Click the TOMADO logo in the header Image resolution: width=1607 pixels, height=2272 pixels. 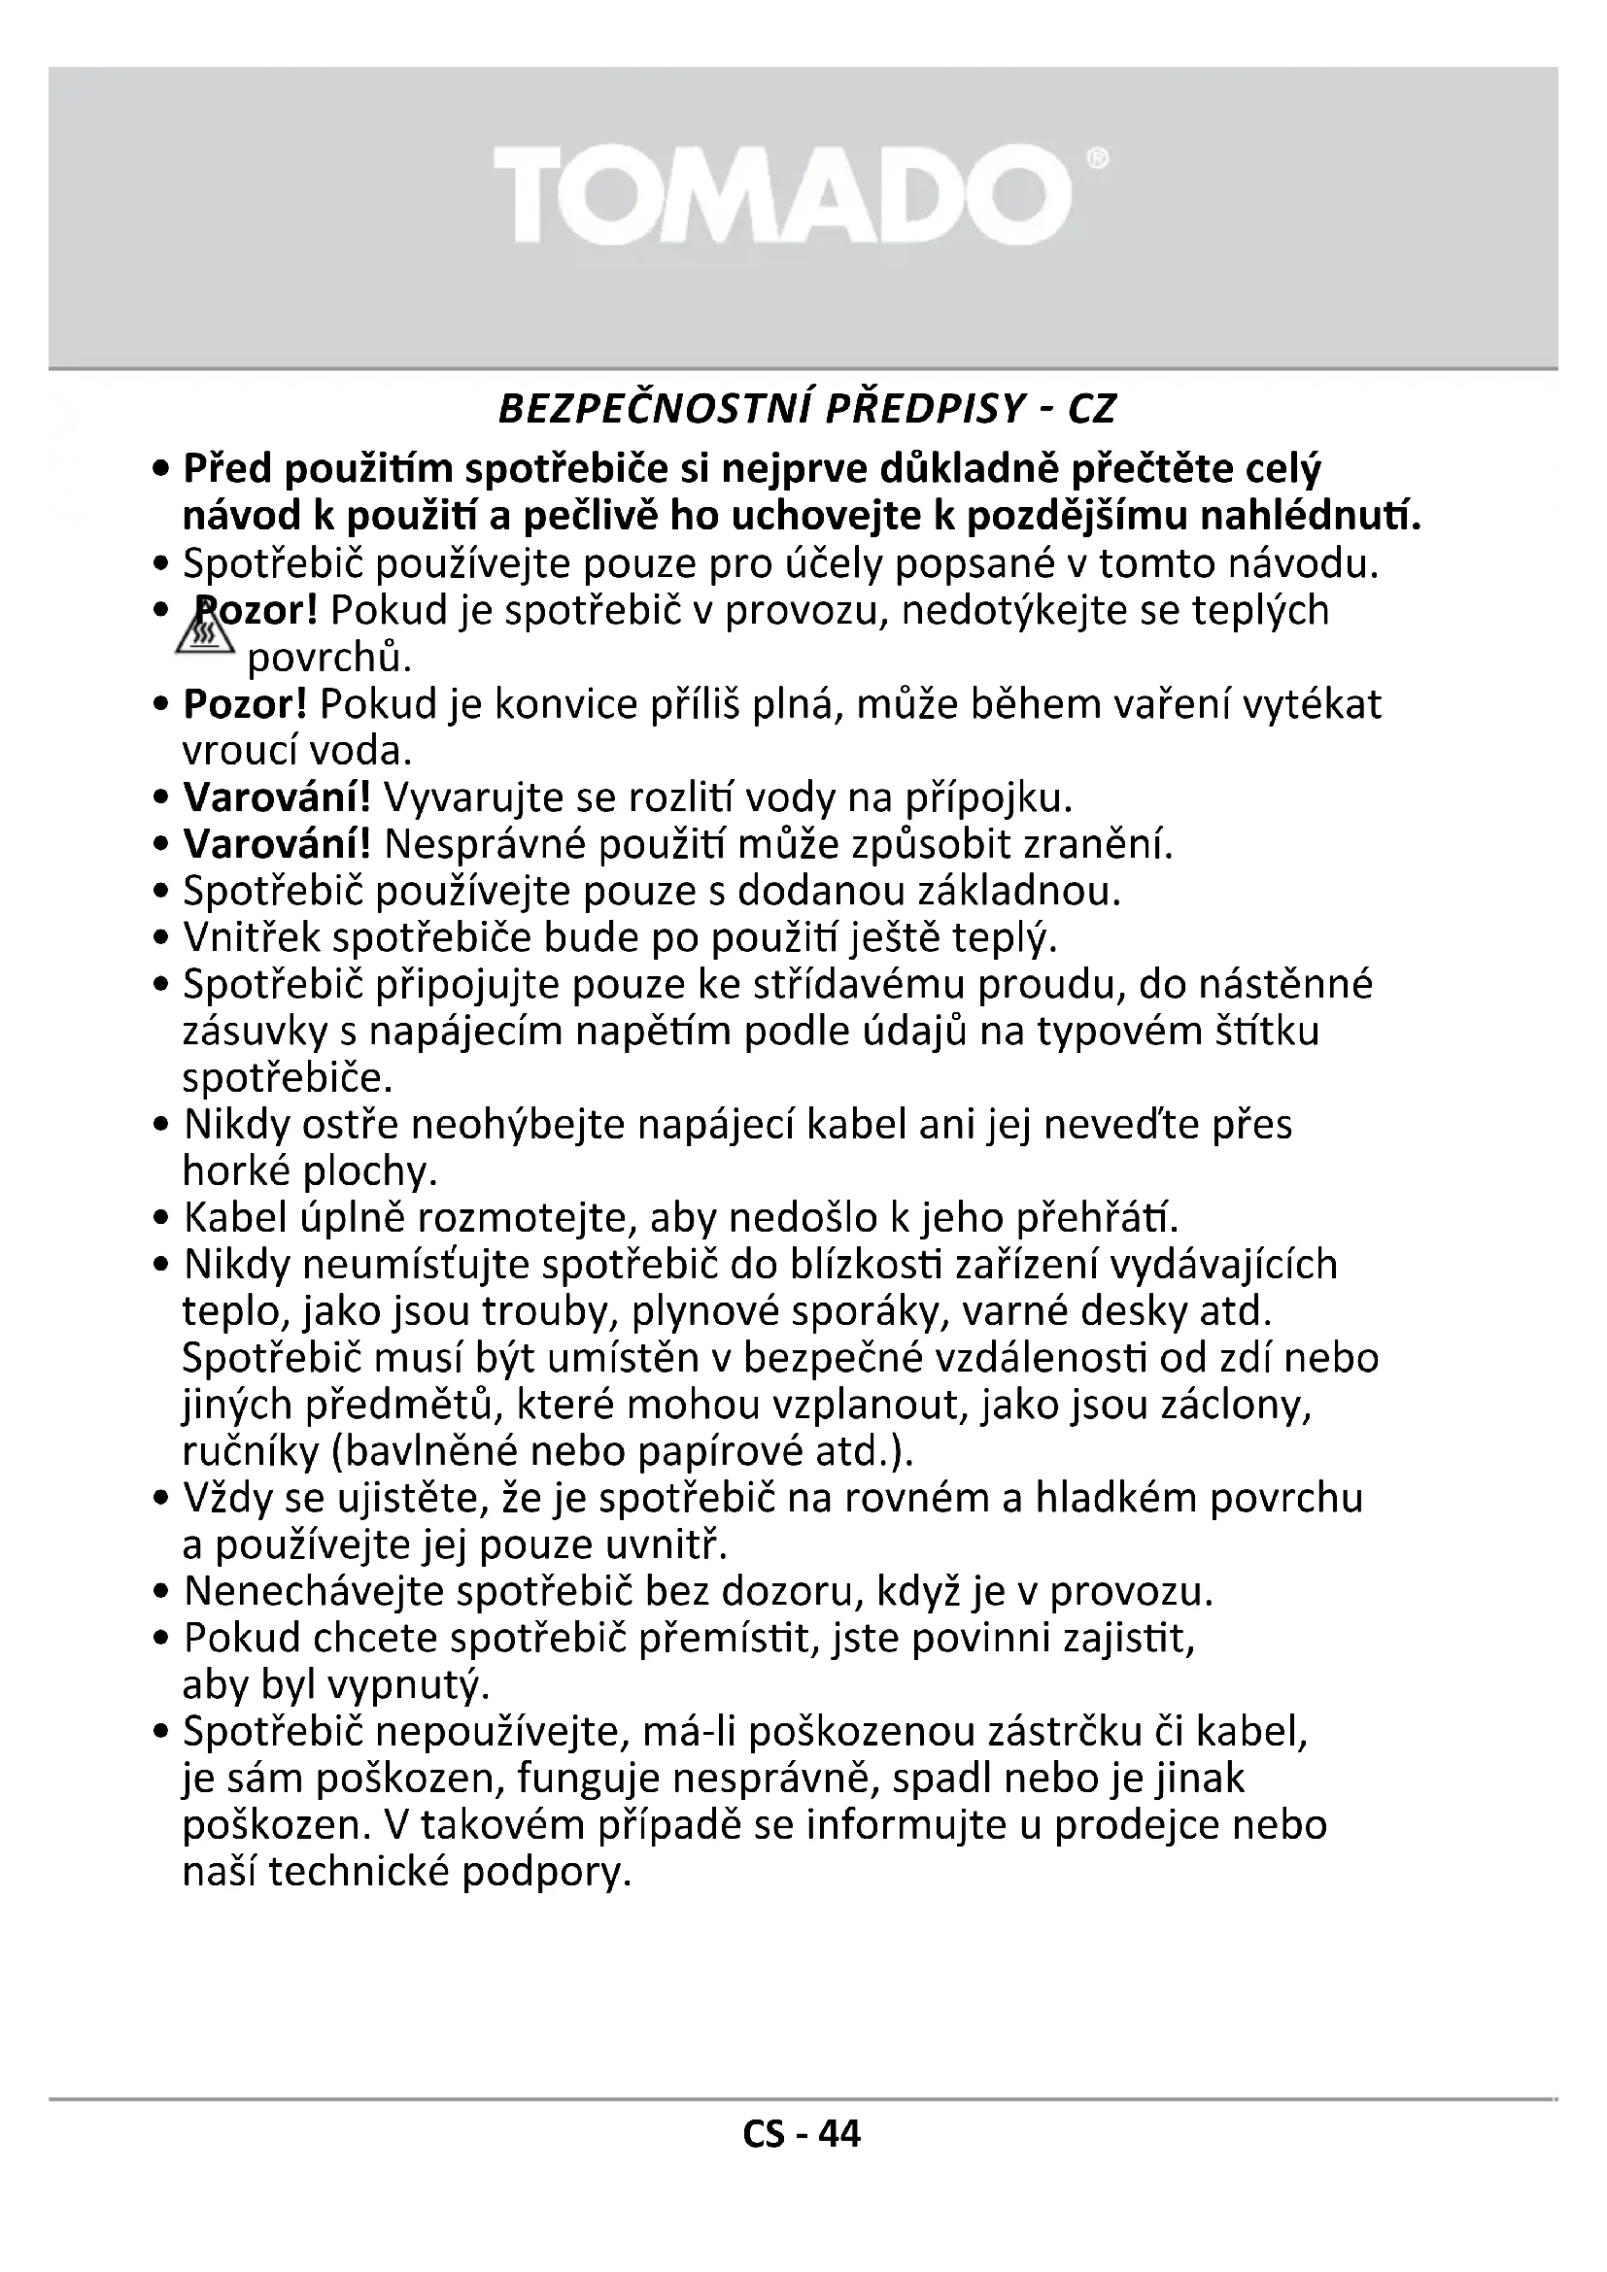coord(782,195)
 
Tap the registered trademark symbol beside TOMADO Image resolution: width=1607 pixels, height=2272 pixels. coord(1099,159)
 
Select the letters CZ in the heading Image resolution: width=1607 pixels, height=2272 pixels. coord(1091,409)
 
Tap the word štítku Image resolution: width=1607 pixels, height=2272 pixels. coord(1266,1032)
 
